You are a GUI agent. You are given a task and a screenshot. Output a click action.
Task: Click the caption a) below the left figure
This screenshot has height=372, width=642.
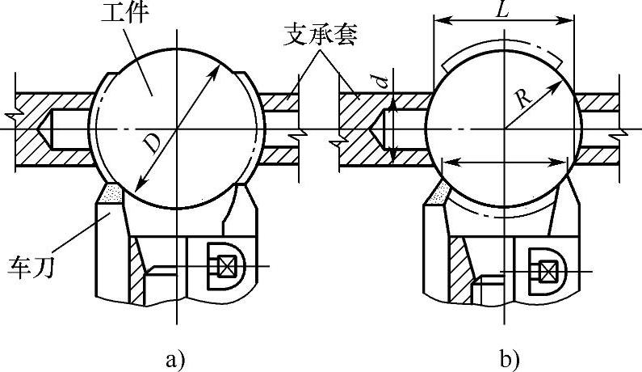tap(174, 357)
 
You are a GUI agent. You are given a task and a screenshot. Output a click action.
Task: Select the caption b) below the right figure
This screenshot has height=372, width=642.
tap(509, 357)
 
